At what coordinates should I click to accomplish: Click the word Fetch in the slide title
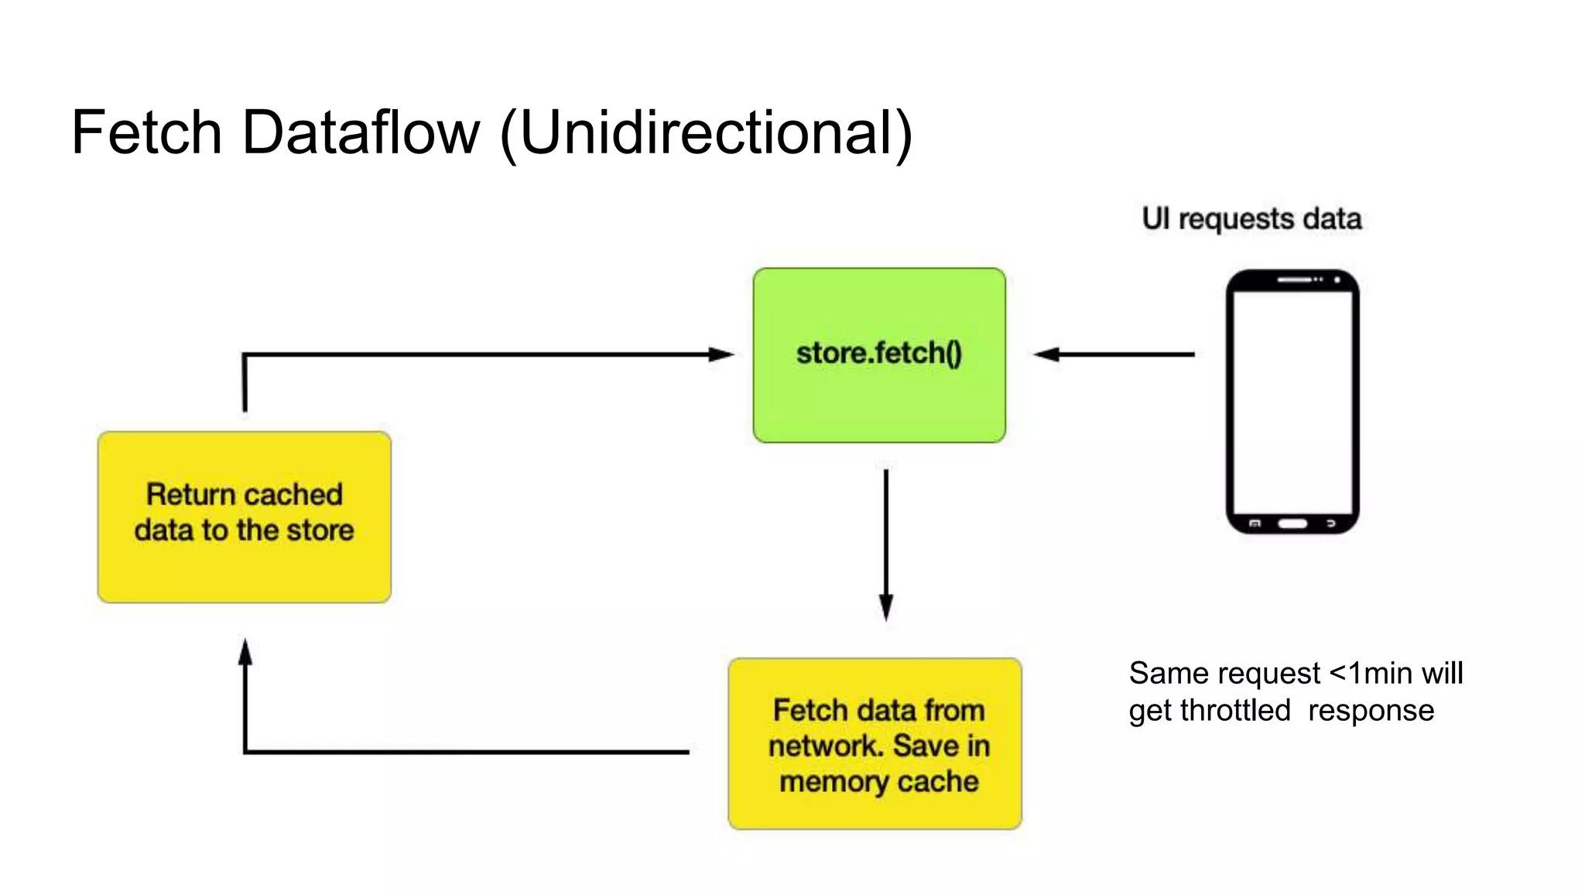pyautogui.click(x=147, y=132)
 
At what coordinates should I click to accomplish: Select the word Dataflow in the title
pyautogui.click(x=361, y=132)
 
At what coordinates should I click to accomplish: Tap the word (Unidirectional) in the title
pyautogui.click(x=707, y=134)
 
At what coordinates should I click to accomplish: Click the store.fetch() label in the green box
pyautogui.click(x=879, y=353)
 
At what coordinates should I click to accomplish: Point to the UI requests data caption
pyautogui.click(x=1251, y=218)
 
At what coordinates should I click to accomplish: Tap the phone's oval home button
pyautogui.click(x=1292, y=523)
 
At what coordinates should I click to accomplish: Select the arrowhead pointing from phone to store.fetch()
pyautogui.click(x=1047, y=355)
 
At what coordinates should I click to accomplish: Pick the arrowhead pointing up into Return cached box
pyautogui.click(x=245, y=653)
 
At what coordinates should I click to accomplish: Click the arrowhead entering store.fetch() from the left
pyautogui.click(x=721, y=355)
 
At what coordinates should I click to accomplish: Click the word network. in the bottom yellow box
pyautogui.click(x=826, y=746)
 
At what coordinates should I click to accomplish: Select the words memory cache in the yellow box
pyautogui.click(x=878, y=781)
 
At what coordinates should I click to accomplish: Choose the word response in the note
pyautogui.click(x=1371, y=710)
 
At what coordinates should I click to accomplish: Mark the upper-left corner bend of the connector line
pyautogui.click(x=245, y=355)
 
